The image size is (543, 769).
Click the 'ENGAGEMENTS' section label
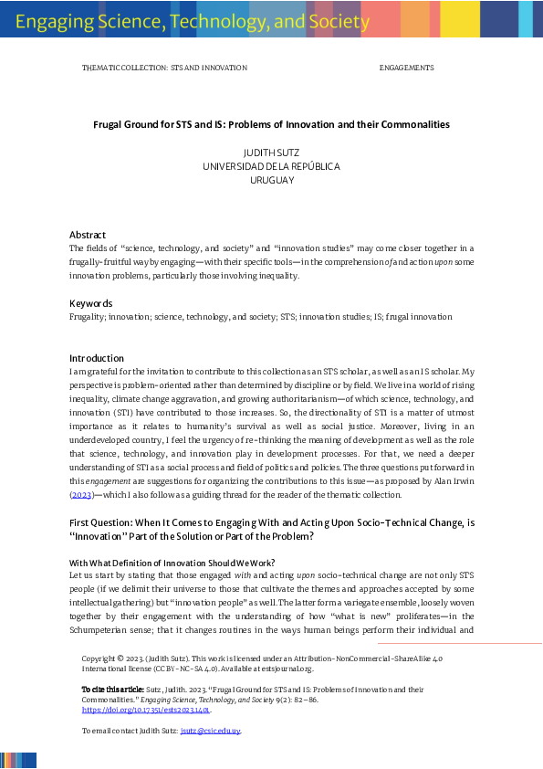point(406,68)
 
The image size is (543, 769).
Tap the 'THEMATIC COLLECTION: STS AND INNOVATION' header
point(164,68)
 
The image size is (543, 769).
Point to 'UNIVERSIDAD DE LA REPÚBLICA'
point(271,167)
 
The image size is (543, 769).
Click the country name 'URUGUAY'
point(271,181)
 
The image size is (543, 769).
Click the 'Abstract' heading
point(88,235)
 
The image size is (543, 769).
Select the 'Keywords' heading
point(90,303)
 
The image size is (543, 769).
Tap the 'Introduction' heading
point(97,358)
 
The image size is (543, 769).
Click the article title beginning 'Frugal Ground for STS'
point(271,124)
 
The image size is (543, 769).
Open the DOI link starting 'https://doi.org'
point(146,709)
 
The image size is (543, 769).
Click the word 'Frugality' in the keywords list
point(89,317)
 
